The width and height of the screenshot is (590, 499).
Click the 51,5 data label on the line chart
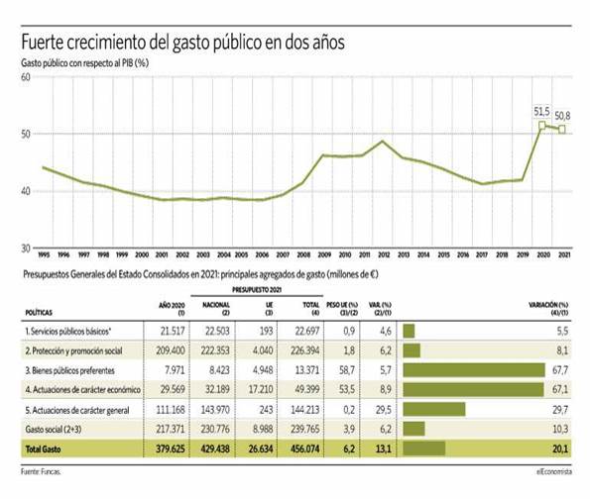[x=541, y=113]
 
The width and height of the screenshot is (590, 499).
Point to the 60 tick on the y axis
[x=25, y=77]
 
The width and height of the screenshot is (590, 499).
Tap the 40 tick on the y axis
[x=25, y=191]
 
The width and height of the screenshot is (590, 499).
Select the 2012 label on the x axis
[x=384, y=254]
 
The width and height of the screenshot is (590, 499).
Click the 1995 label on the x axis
[x=44, y=254]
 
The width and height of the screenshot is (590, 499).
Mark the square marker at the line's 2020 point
[x=541, y=126]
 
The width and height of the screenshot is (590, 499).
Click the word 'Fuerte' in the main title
[x=47, y=44]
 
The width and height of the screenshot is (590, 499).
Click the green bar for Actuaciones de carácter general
[x=434, y=408]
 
